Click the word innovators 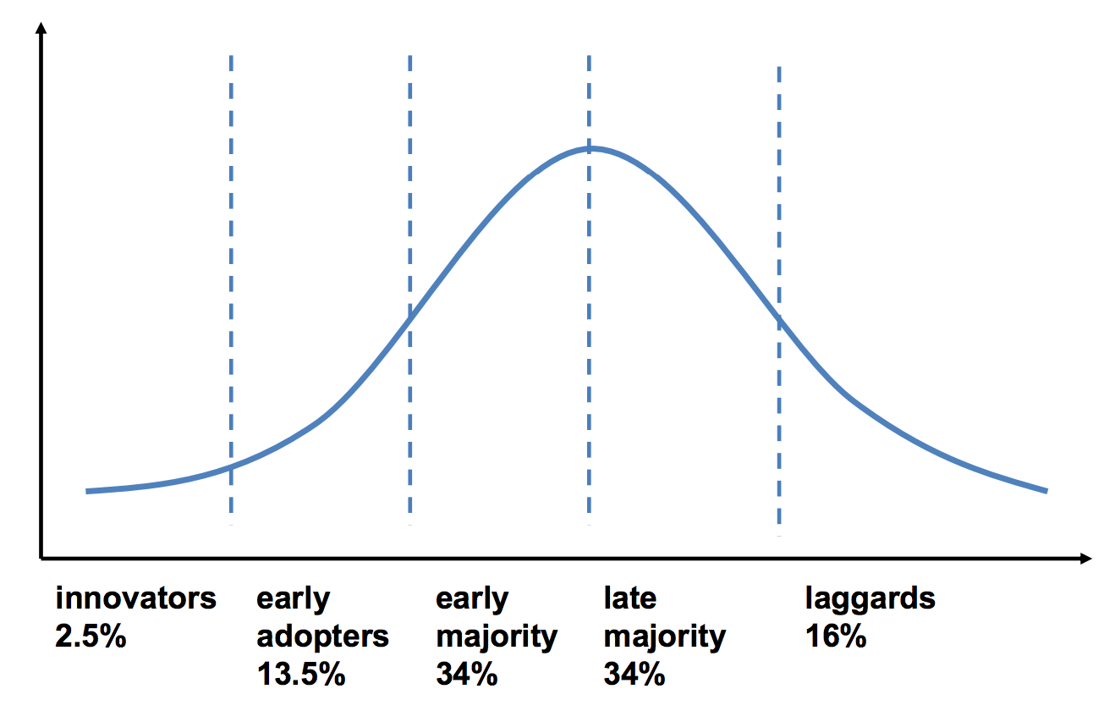click(136, 598)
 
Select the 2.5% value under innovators click(91, 637)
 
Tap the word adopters click(322, 637)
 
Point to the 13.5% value click(300, 675)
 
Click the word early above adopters click(293, 598)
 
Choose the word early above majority click(472, 598)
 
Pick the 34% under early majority click(466, 675)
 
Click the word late click(629, 598)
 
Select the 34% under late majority click(634, 675)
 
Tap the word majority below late click(664, 637)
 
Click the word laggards click(870, 598)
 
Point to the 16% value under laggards click(835, 637)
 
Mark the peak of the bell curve click(590, 148)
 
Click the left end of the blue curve click(88, 491)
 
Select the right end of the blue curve click(1046, 491)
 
